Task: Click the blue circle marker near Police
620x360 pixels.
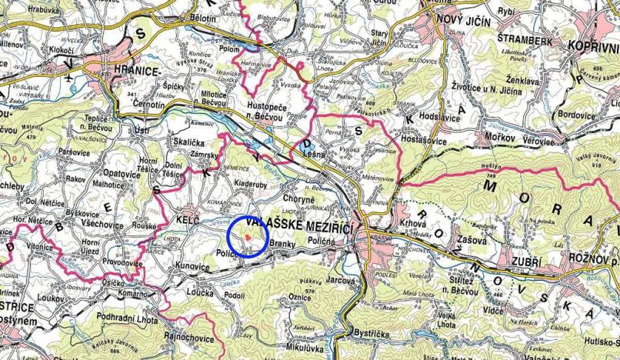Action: (x=247, y=235)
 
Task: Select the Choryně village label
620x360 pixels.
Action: (x=278, y=199)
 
